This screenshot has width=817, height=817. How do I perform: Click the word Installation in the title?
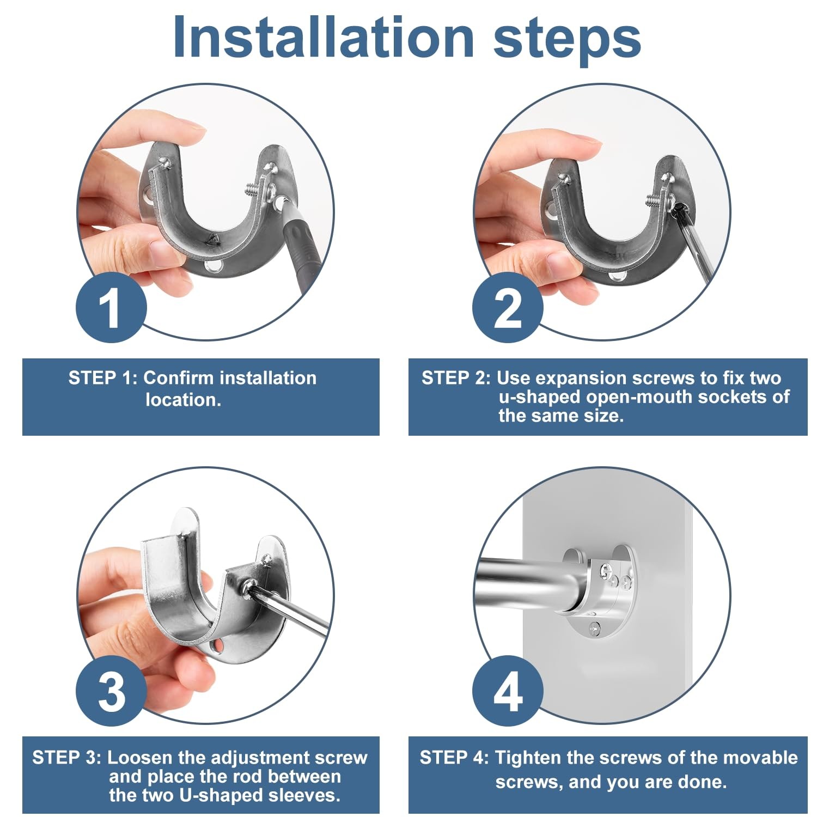324,36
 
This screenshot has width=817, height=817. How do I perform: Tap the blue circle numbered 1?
111,308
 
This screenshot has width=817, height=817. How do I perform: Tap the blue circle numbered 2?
508,308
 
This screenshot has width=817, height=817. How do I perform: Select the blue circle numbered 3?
111,691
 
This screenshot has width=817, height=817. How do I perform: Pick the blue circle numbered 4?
508,691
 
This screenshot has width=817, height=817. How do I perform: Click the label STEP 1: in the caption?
103,377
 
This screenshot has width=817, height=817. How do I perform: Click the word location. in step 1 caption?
184,400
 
